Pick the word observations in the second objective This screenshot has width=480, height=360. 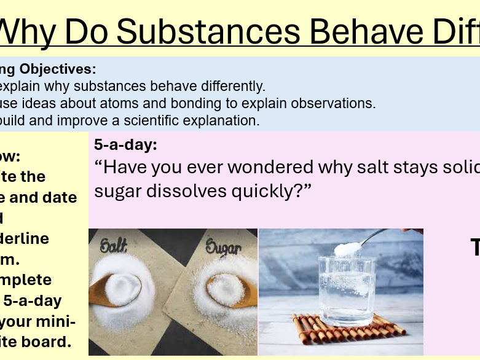tap(336, 103)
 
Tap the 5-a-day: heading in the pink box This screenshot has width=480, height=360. tap(125, 145)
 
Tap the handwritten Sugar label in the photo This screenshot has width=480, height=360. tap(223, 249)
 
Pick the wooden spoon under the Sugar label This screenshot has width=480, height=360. tap(228, 289)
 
